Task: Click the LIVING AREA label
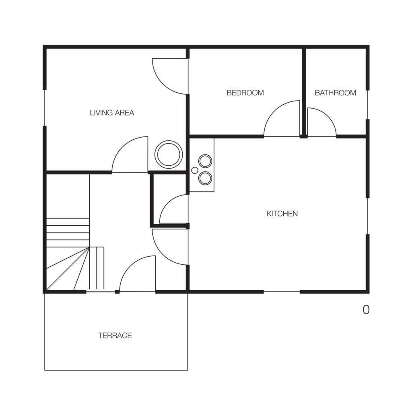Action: [112, 113]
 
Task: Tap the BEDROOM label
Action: [245, 93]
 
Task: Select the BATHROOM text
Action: [335, 93]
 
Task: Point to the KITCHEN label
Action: [282, 214]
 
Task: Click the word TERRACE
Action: [115, 336]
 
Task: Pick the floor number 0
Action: [366, 310]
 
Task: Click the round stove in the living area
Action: [169, 154]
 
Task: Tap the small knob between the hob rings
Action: [195, 170]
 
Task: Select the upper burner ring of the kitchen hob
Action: [205, 161]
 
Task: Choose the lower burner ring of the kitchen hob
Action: [205, 178]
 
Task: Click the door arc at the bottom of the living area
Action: [123, 147]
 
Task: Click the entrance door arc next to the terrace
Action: [130, 266]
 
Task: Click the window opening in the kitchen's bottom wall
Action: [282, 291]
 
